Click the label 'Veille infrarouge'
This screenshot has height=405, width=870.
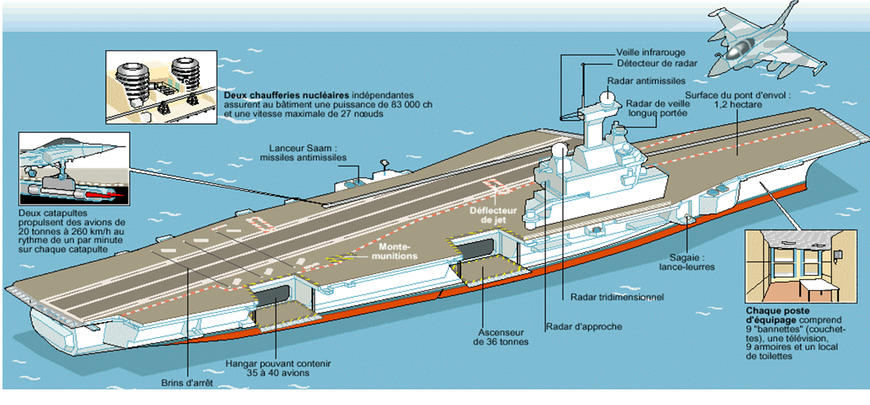point(650,53)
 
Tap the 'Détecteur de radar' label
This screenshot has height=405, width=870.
point(657,64)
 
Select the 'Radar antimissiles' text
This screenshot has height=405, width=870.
point(646,81)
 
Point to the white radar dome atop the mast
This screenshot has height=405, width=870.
point(604,97)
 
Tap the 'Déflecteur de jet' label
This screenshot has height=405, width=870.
point(490,214)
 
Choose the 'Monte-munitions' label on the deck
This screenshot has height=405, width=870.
point(398,251)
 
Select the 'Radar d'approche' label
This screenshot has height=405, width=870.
point(583,326)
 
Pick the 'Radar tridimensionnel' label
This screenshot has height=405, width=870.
point(616,297)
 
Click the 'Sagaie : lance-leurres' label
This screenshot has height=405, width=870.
point(686,262)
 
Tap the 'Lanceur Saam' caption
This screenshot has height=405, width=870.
point(303,153)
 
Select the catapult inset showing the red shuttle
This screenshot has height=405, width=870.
point(74,169)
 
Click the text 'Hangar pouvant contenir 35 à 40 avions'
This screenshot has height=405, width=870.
point(278,369)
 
